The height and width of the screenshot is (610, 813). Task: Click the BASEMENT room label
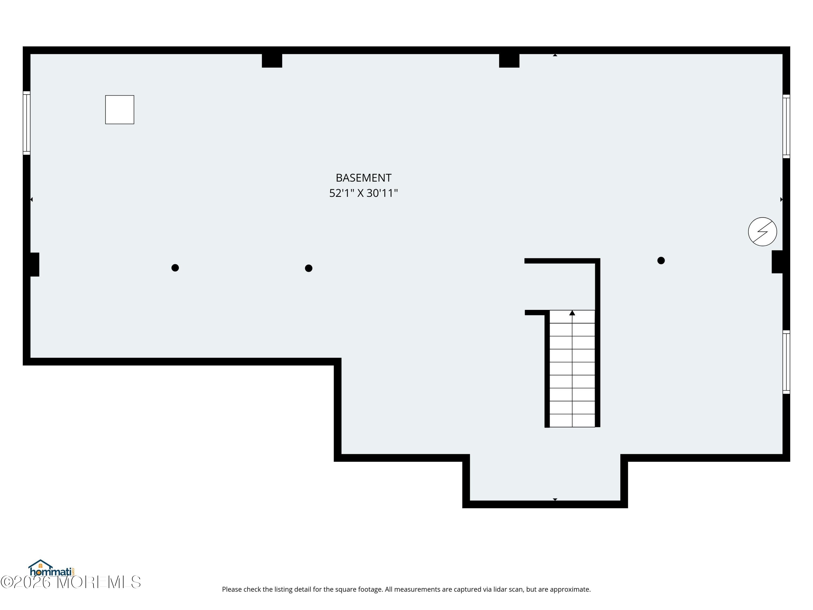click(363, 178)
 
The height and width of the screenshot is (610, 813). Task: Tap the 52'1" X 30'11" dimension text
click(363, 193)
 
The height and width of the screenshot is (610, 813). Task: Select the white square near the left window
click(120, 110)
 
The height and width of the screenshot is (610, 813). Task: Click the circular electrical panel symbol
click(762, 232)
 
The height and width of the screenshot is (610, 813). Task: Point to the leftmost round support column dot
click(175, 268)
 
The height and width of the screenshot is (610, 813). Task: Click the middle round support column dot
click(309, 268)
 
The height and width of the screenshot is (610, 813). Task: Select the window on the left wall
click(27, 123)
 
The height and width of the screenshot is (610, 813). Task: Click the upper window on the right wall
click(786, 127)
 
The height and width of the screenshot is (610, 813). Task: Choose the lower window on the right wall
click(786, 362)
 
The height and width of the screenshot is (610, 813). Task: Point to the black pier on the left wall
click(34, 264)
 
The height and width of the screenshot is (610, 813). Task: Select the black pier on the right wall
click(777, 262)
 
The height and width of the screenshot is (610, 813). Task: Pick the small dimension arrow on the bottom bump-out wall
click(555, 499)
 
